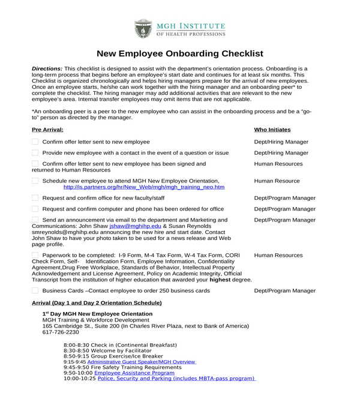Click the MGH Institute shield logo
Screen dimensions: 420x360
143,29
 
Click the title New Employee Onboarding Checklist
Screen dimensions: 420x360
180,53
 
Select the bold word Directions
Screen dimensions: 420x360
47,69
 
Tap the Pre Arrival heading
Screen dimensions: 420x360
47,130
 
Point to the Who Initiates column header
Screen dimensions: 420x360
272,130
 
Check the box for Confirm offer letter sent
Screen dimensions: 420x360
35,142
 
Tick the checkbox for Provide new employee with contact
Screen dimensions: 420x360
35,153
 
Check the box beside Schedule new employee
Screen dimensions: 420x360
35,181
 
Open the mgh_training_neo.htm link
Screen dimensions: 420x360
143,187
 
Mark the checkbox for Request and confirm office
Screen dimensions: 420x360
35,198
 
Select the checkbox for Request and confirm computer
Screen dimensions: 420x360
35,209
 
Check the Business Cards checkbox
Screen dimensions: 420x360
35,290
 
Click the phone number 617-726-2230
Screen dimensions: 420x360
61,332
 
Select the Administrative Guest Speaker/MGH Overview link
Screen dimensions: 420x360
142,362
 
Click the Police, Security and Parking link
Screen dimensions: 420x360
176,379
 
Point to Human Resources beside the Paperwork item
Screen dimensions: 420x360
278,255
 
